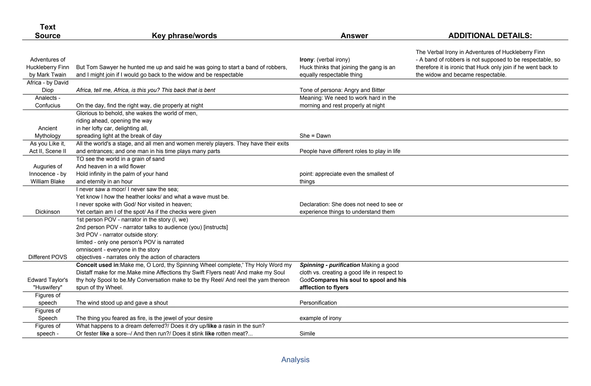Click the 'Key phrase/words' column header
[184, 36]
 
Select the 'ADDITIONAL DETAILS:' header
[490, 36]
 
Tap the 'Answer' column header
[354, 36]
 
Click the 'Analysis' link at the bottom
[295, 359]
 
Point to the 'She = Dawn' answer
[315, 136]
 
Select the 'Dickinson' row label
[48, 212]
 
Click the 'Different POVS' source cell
[48, 257]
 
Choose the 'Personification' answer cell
[318, 303]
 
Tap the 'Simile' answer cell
[307, 334]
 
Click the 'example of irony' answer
[320, 318]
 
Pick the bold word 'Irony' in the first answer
[306, 60]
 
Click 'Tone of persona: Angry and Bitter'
[342, 90]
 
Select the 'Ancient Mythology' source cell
[48, 132]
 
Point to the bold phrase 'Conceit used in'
[97, 265]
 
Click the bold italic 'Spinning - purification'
[330, 265]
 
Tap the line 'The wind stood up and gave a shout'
[122, 303]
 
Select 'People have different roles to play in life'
[350, 151]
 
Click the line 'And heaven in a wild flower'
[111, 166]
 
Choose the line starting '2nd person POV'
[152, 227]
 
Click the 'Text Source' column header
[48, 31]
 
